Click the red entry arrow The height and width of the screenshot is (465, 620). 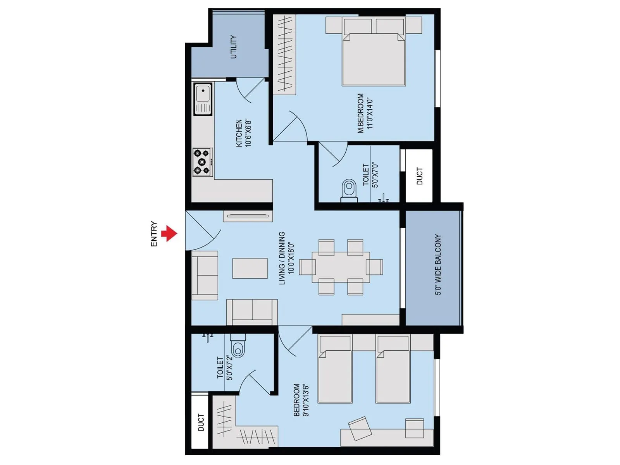point(169,234)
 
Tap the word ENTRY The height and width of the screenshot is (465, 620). point(154,234)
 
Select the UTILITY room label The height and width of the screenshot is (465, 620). point(233,47)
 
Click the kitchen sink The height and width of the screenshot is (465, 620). point(203,99)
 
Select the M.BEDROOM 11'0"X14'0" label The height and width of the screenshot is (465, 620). point(365,113)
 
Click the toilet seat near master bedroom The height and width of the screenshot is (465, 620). point(349,190)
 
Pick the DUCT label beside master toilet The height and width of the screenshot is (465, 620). point(419,176)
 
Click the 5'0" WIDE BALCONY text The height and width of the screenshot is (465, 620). point(438,264)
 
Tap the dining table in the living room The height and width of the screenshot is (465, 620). point(341,267)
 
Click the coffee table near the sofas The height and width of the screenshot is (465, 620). point(250,268)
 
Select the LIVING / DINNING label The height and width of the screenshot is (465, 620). point(286,258)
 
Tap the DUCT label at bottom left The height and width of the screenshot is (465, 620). point(201,422)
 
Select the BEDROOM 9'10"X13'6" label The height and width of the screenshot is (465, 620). point(301,400)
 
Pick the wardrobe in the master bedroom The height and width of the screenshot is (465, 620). point(285,54)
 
